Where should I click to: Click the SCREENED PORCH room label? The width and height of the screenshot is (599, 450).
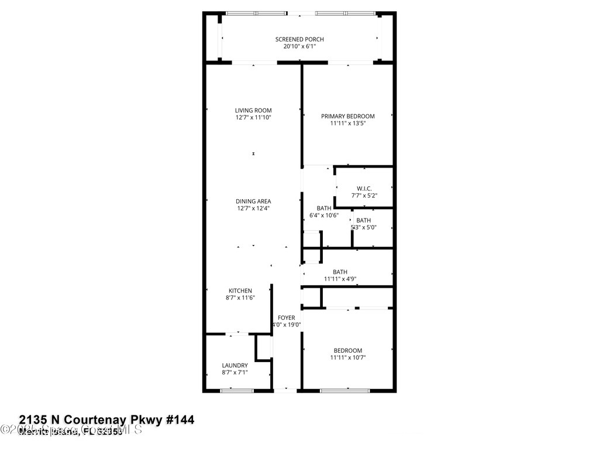[299, 39]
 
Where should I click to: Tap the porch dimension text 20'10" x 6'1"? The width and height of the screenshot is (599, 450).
[299, 46]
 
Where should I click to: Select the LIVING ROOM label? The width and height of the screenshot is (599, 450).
[253, 110]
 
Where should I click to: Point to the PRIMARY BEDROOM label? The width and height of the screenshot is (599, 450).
[347, 116]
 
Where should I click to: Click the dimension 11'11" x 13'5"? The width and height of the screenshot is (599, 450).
[347, 123]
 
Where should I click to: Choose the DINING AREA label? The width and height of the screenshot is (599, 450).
[253, 201]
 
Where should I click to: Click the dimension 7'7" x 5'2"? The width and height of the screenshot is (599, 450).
[364, 195]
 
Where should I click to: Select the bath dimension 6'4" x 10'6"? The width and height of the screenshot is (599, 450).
[324, 215]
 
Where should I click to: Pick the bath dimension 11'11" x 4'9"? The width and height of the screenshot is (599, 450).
[340, 279]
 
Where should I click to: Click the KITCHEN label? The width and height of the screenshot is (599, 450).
[240, 291]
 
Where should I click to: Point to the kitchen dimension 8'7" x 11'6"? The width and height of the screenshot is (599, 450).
[240, 298]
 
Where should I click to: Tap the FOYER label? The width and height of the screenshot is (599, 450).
[287, 318]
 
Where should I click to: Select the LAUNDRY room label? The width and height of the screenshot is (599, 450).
[235, 365]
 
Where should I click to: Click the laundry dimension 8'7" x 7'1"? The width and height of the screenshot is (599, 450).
[235, 372]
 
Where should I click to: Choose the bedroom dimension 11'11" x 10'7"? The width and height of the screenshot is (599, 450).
[347, 357]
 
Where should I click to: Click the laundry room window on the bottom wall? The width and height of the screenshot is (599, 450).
[235, 390]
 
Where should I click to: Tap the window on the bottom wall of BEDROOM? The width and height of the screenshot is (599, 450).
[342, 390]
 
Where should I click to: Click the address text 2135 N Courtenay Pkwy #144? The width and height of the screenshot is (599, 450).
[106, 420]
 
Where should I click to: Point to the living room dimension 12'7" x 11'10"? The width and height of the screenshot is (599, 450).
[253, 117]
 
